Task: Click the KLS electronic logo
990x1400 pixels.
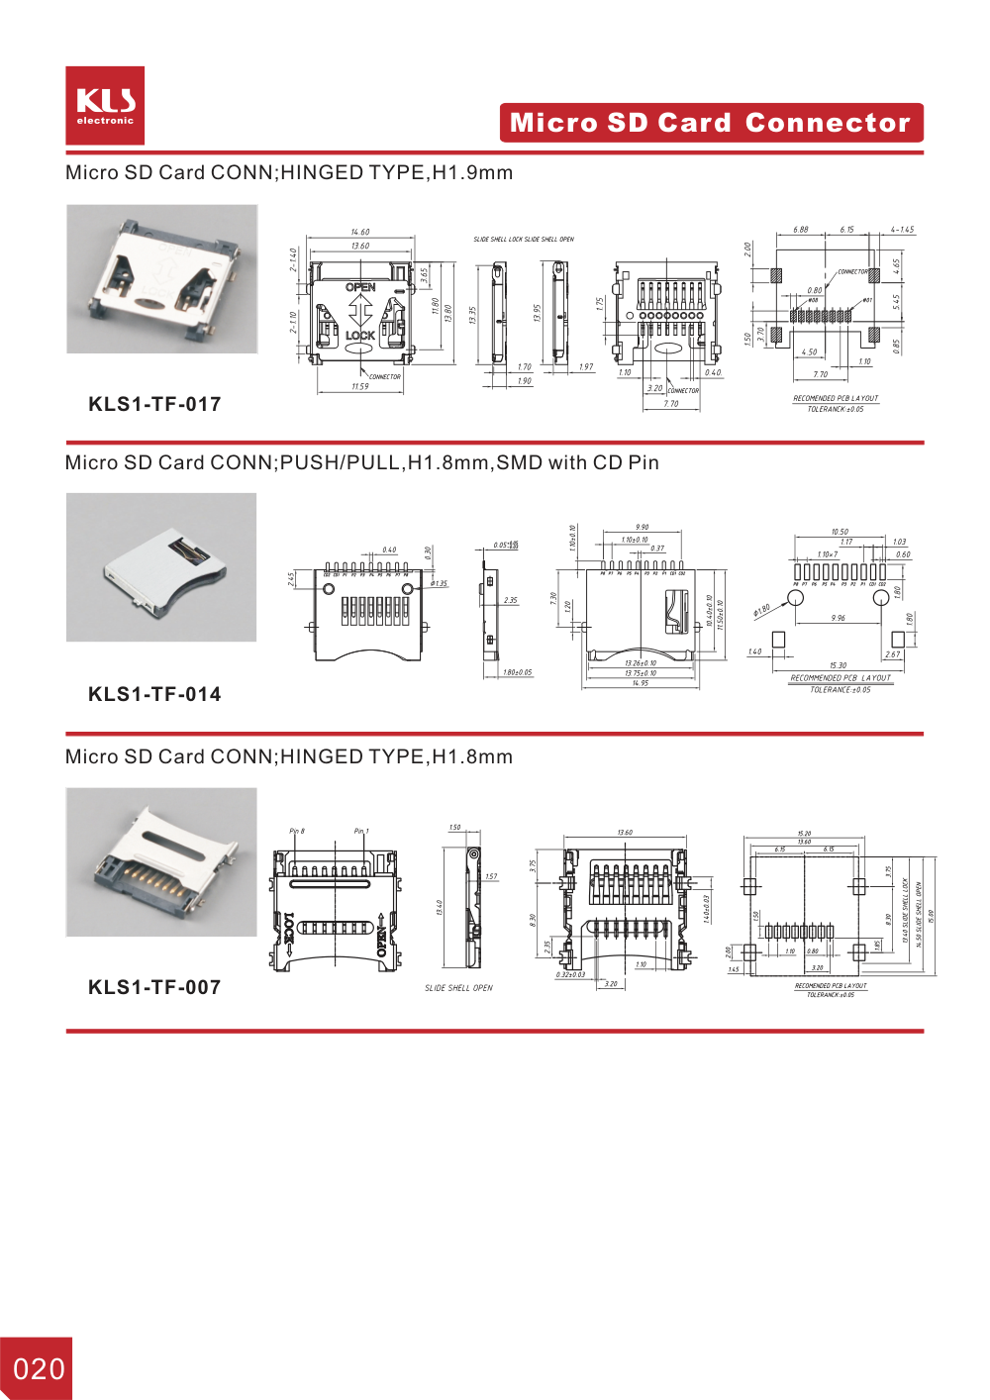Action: click(x=105, y=106)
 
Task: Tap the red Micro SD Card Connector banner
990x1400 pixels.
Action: click(x=711, y=123)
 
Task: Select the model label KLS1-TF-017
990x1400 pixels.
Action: click(x=154, y=404)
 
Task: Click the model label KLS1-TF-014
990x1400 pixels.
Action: click(x=154, y=694)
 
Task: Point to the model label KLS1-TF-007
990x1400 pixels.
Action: click(x=154, y=987)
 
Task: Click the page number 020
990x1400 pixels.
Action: click(x=39, y=1369)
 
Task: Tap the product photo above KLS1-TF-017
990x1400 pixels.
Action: click(x=161, y=279)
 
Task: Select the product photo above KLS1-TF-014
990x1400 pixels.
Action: click(x=161, y=567)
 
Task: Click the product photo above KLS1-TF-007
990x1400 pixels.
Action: click(x=161, y=862)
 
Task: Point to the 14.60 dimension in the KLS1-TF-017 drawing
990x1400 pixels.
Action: click(x=360, y=233)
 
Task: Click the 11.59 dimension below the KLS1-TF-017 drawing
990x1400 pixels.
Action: click(x=360, y=387)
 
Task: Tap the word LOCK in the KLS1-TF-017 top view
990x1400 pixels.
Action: click(x=360, y=336)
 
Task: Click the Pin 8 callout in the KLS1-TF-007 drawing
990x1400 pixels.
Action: click(x=297, y=832)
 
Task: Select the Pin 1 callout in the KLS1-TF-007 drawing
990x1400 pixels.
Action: click(x=361, y=832)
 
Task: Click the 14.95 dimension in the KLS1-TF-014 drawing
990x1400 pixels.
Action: click(x=641, y=683)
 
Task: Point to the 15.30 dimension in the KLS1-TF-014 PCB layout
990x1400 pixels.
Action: click(x=839, y=665)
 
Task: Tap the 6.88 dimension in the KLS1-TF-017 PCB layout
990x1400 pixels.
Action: click(x=800, y=230)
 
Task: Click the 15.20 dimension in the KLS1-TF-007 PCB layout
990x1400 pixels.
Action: click(x=804, y=834)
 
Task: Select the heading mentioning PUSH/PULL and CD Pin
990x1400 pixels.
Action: click(x=361, y=462)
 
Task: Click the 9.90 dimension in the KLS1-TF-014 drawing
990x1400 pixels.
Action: click(x=643, y=528)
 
